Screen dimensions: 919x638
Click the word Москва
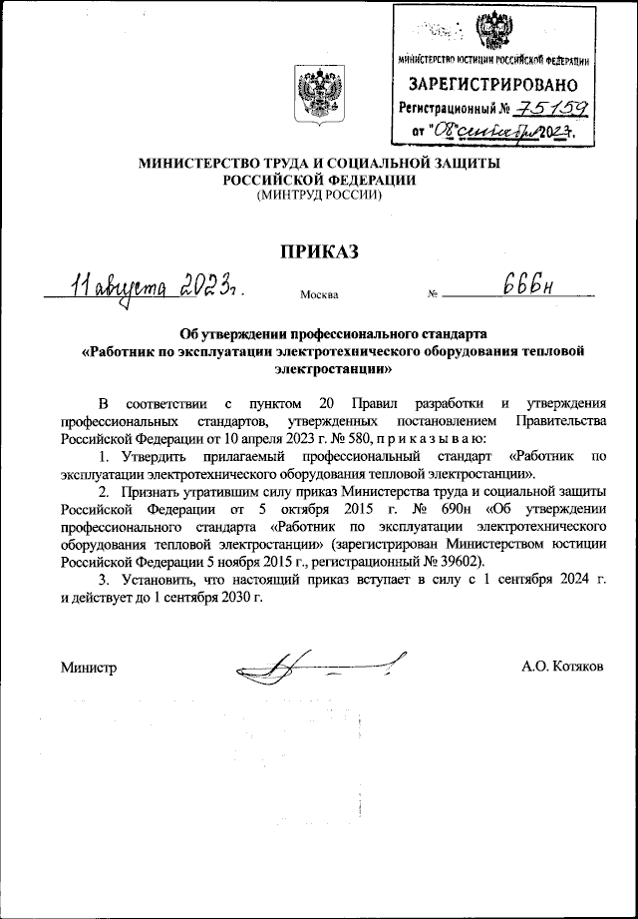[x=318, y=295]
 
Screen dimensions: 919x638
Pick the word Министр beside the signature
[x=89, y=667]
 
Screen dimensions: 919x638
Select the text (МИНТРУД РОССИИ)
[x=319, y=197]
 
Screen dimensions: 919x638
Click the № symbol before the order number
[x=433, y=295]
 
